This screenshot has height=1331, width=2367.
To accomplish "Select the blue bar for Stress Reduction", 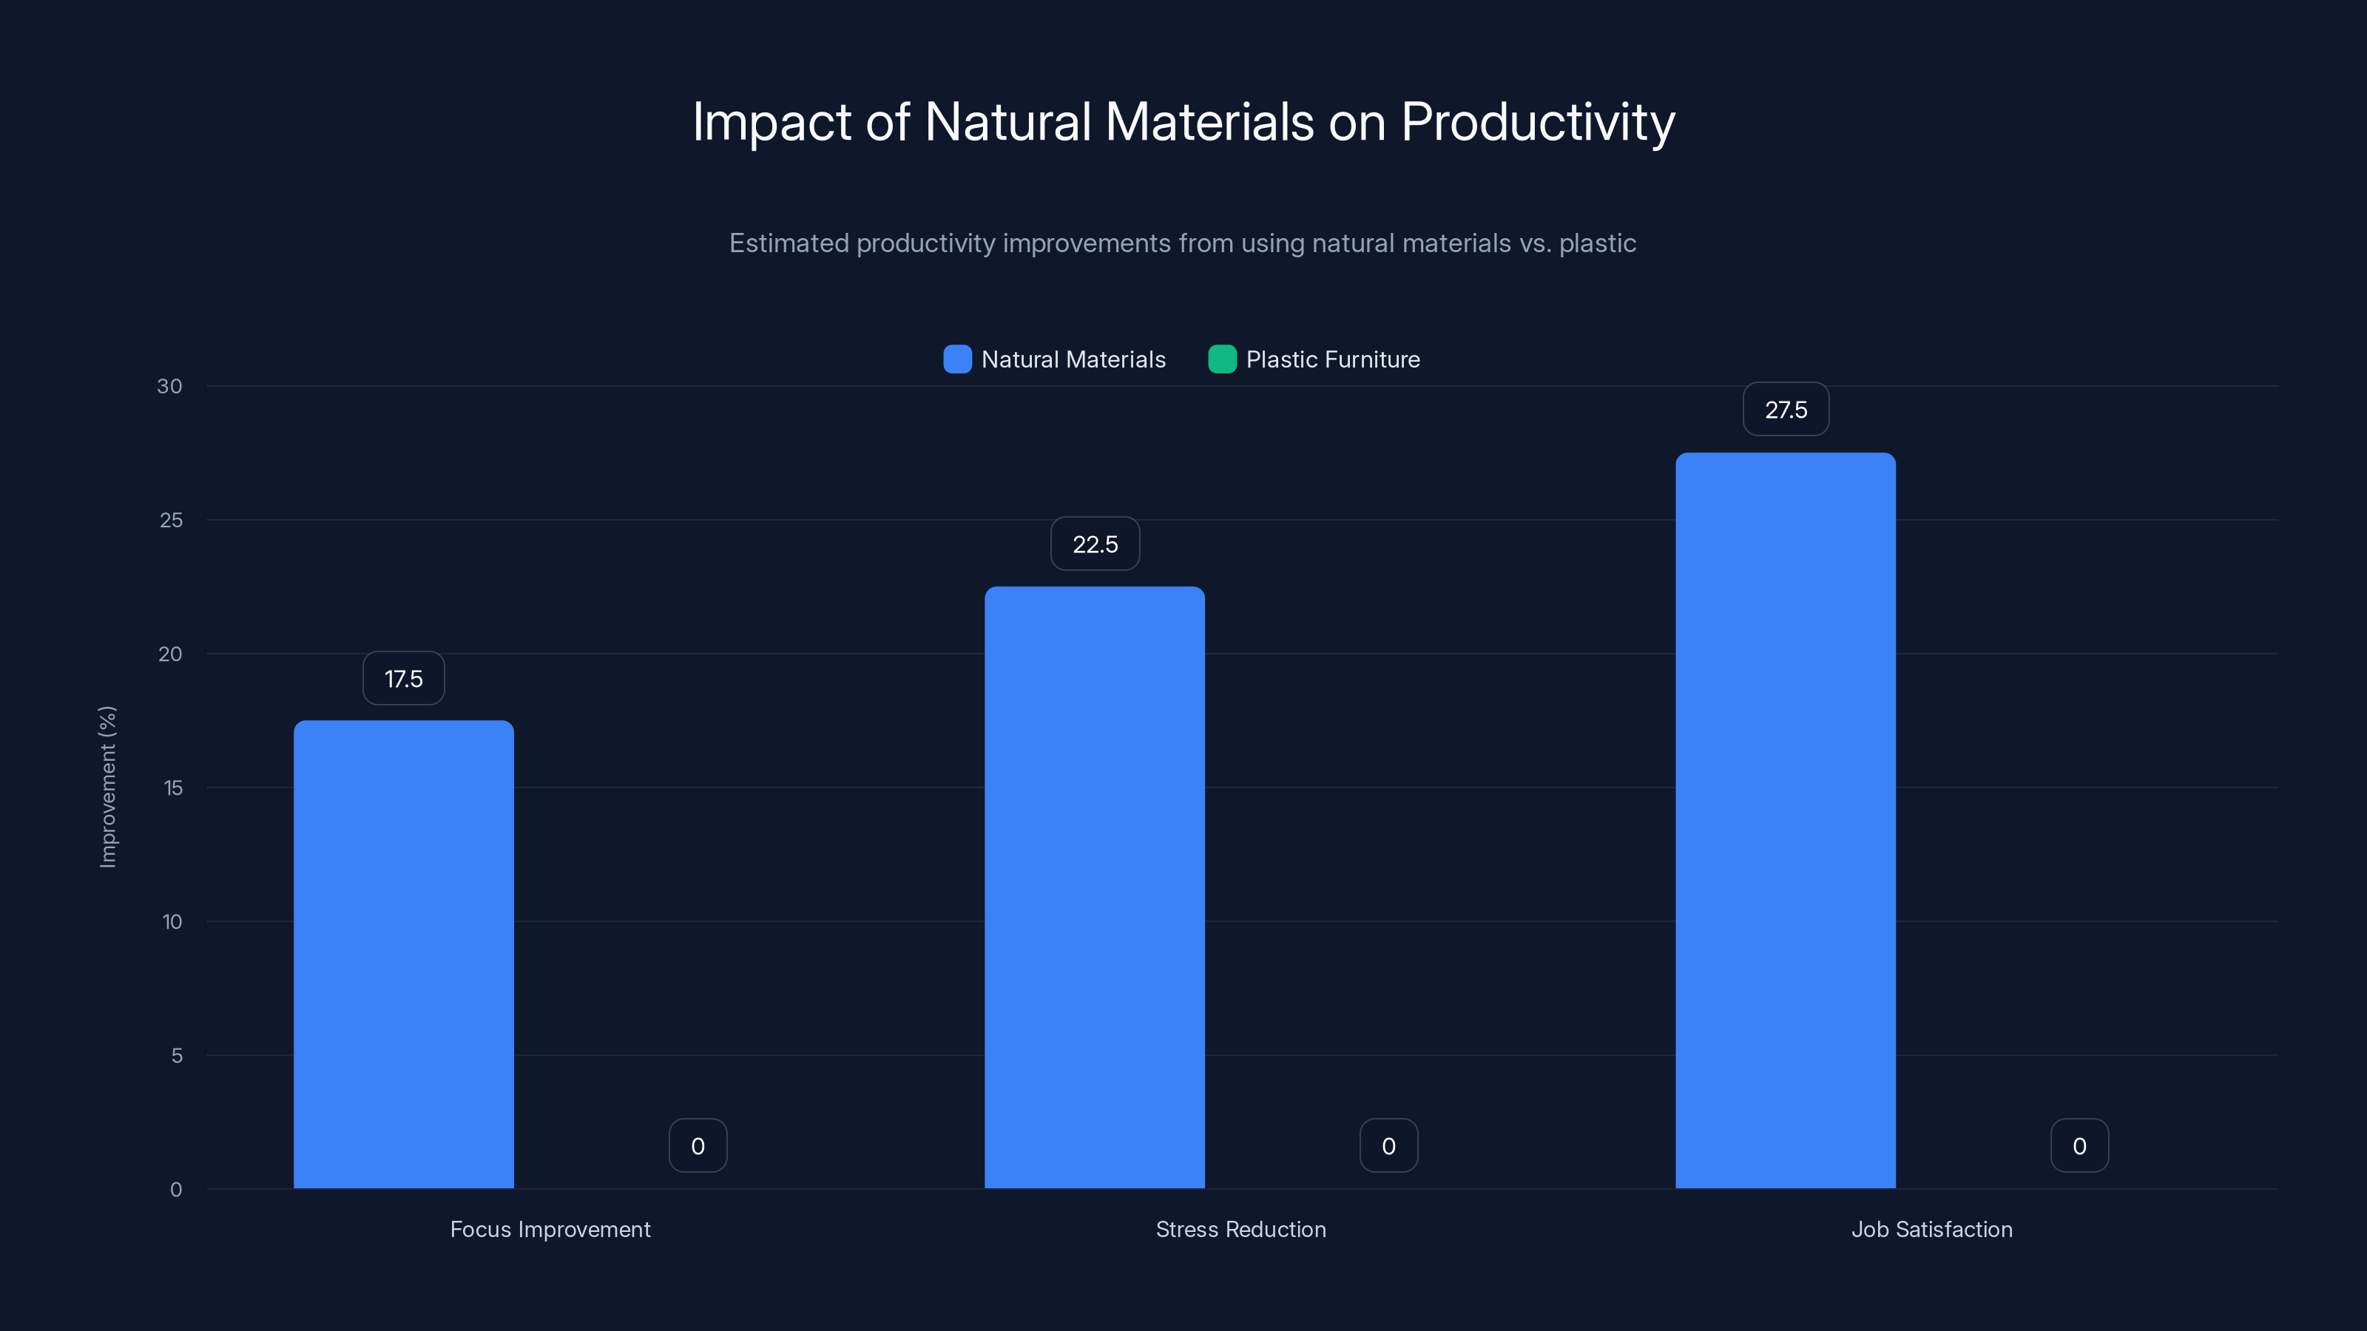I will (x=1095, y=887).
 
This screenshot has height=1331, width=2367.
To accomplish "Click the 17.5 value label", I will (x=403, y=679).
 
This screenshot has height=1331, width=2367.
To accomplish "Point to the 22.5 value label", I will (x=1095, y=543).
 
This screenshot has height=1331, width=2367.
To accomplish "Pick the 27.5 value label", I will (x=1786, y=410).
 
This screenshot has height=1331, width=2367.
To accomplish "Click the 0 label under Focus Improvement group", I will (x=698, y=1145).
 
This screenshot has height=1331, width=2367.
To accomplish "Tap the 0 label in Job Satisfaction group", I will (x=2079, y=1145).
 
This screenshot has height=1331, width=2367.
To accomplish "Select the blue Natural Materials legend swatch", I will (x=957, y=359).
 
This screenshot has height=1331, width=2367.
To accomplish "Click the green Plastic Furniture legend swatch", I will (x=1222, y=359).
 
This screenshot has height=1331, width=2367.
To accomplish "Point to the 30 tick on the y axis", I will (x=169, y=386).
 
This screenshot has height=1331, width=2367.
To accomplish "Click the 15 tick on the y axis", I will (x=173, y=788).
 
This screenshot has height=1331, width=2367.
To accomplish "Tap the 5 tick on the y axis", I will (x=177, y=1055).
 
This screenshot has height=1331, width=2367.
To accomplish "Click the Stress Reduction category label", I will (x=1240, y=1229).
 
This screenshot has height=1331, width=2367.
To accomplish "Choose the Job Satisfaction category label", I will (x=1931, y=1229).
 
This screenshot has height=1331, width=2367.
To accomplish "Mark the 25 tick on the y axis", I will (x=171, y=520).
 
